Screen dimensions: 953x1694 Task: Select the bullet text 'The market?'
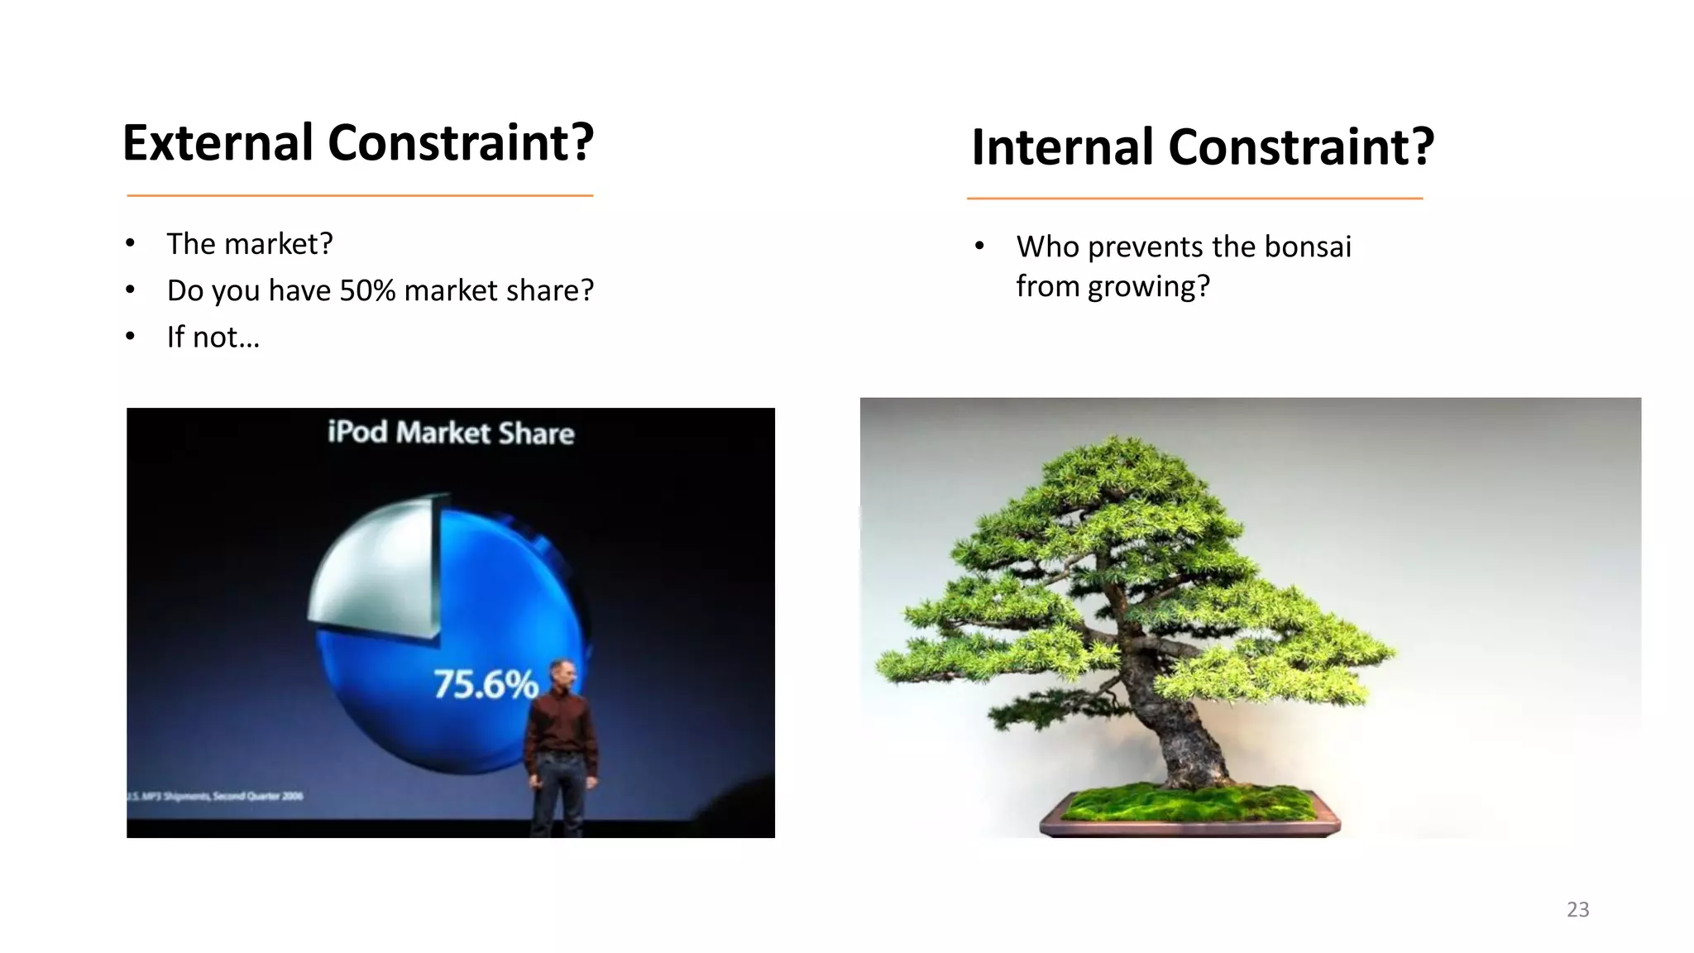tap(249, 244)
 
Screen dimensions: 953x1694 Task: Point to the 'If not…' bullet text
tap(213, 338)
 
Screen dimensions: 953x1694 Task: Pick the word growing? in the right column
tap(1148, 287)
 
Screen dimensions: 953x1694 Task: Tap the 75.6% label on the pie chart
tap(486, 685)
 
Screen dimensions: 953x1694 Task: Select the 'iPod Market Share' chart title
tap(451, 433)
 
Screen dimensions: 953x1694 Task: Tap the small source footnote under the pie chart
tap(215, 796)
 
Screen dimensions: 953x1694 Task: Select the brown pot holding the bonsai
tap(1189, 826)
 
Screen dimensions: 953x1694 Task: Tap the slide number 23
tap(1577, 909)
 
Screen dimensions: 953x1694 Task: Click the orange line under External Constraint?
tap(360, 196)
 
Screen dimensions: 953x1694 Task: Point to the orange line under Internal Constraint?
tap(1194, 199)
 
